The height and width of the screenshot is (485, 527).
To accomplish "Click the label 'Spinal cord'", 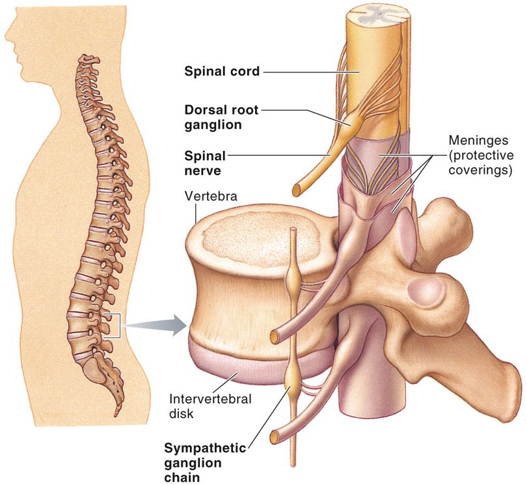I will point(223,72).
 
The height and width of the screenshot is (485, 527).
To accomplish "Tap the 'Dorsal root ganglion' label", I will point(223,117).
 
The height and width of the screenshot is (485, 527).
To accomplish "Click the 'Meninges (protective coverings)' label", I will point(481,156).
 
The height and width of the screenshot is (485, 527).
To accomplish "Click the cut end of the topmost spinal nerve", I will point(297,189).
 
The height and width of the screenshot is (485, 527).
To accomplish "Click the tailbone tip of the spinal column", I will point(116,413).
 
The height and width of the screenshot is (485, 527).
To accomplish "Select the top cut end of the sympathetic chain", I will point(293,232).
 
